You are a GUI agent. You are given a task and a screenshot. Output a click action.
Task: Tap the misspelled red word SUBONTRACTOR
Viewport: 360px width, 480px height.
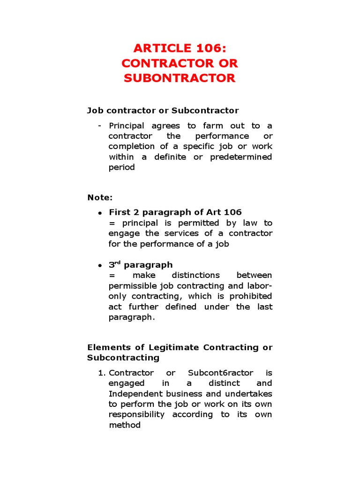click(x=180, y=78)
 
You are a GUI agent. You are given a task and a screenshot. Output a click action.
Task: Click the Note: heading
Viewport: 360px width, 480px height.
click(x=100, y=197)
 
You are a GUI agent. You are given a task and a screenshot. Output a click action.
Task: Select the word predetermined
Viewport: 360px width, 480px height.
click(x=241, y=157)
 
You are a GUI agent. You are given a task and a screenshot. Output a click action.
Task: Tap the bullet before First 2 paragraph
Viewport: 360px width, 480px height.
click(x=100, y=213)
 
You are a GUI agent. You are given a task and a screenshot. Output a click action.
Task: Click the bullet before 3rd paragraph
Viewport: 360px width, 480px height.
click(x=100, y=265)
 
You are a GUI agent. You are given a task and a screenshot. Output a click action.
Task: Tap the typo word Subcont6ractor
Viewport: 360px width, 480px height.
click(x=220, y=373)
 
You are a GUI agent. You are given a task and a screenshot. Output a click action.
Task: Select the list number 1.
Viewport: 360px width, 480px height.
click(x=102, y=373)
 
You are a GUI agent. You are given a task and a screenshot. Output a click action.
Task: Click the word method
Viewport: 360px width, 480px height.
click(x=124, y=425)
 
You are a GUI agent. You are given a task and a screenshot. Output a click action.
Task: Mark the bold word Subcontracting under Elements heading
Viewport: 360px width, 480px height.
click(x=123, y=358)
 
